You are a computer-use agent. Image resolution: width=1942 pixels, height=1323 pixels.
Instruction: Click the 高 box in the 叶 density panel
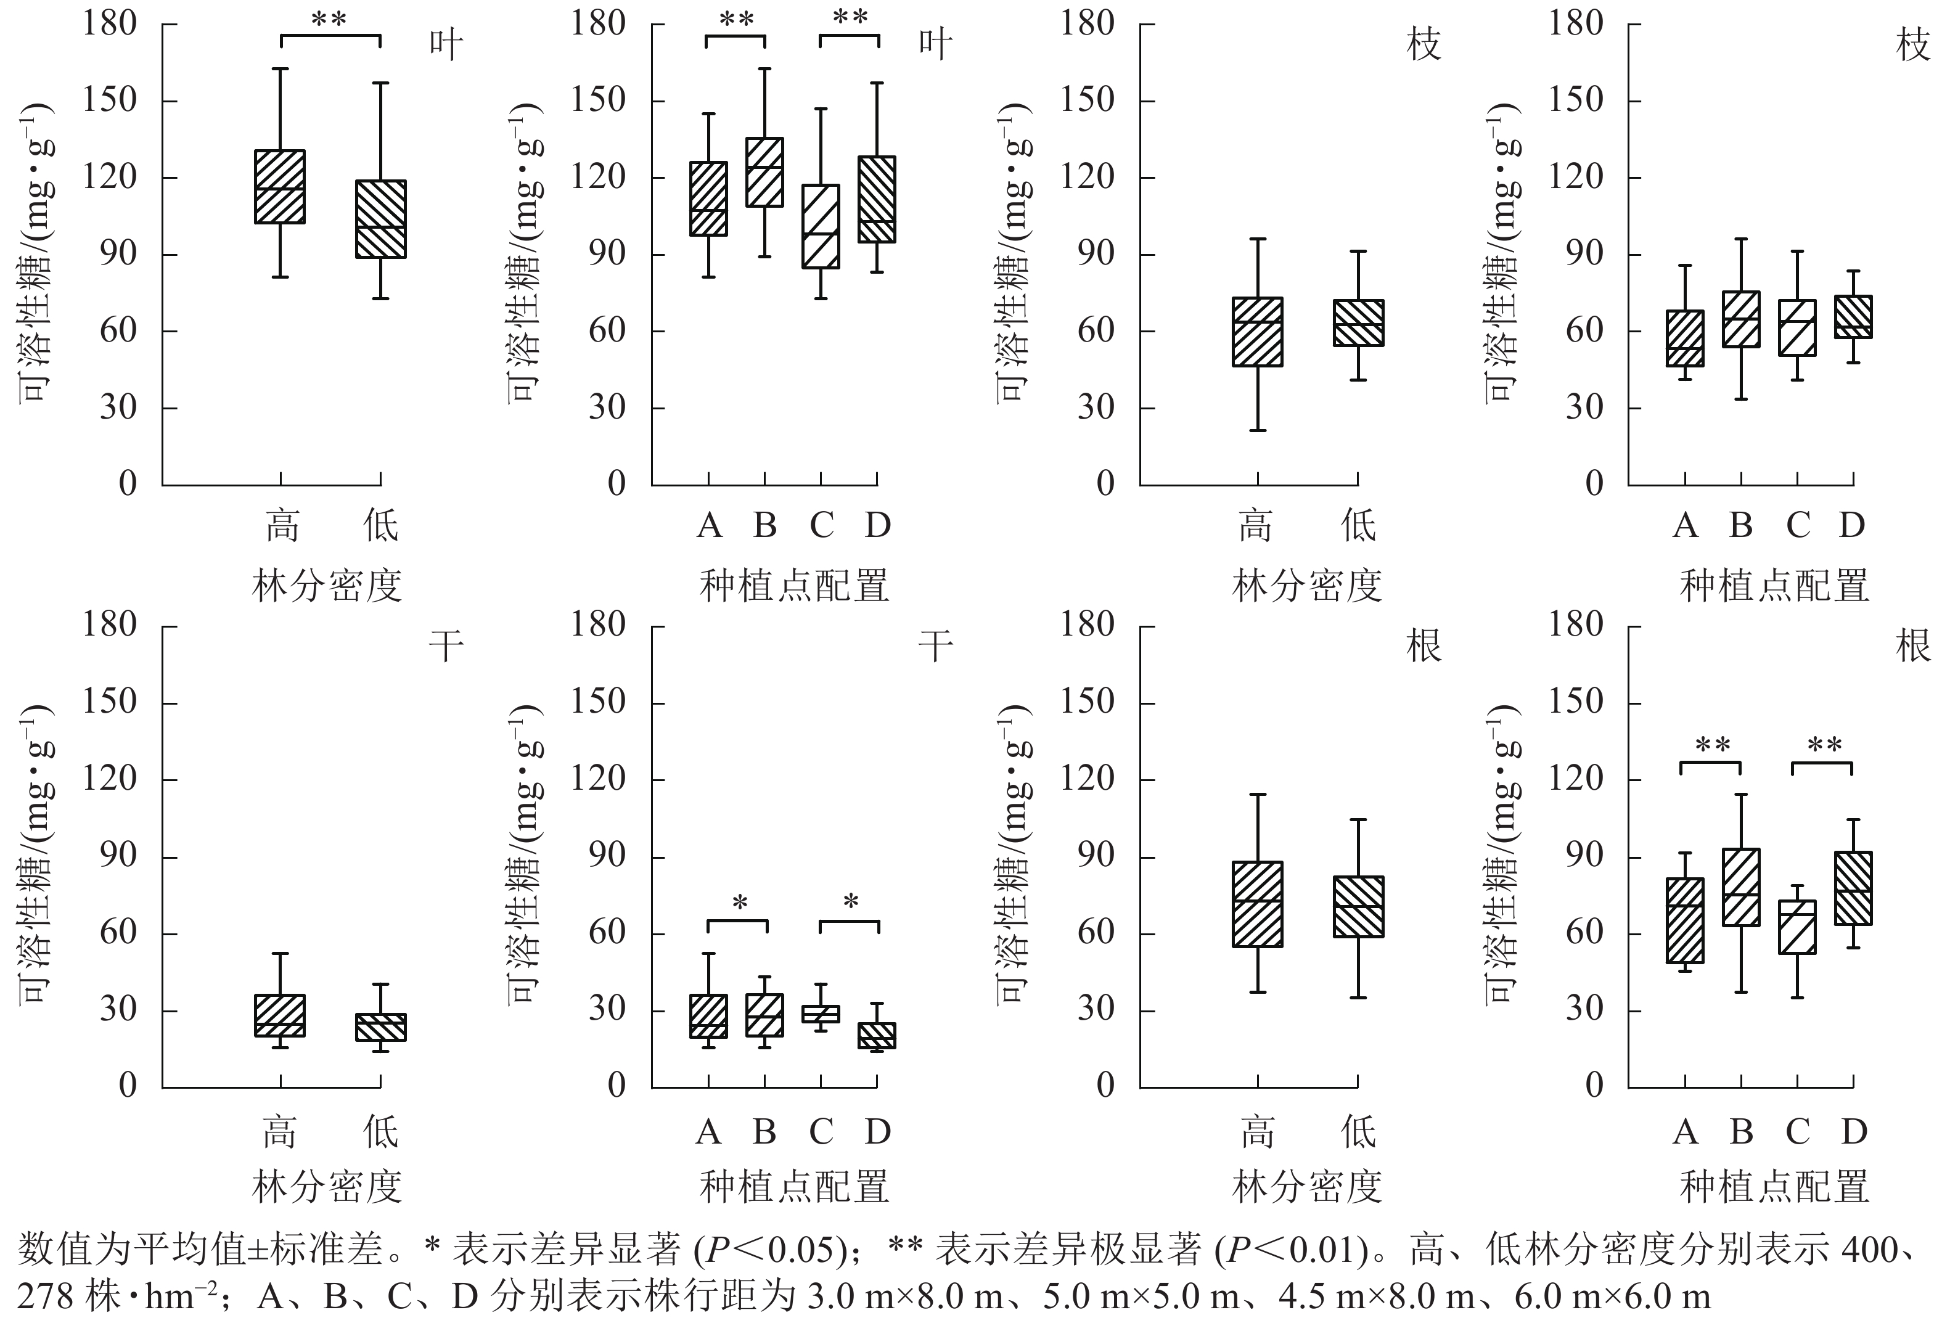[280, 186]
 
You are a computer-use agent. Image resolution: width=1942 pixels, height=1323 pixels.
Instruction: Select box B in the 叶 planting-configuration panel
[764, 171]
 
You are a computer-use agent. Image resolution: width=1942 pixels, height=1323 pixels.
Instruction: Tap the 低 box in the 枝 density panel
[1358, 322]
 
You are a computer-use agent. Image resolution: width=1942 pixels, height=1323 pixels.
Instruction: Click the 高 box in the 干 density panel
[280, 1015]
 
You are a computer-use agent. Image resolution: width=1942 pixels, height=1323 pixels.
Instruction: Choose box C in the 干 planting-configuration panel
[821, 1014]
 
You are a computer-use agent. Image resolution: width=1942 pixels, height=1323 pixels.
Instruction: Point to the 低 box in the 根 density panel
[1358, 907]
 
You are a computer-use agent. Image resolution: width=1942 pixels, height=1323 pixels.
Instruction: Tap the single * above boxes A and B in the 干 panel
[739, 903]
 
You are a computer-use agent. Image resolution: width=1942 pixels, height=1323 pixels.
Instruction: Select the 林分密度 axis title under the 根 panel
[1307, 1187]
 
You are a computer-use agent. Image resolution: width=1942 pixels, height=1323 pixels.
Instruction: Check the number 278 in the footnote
[46, 1296]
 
